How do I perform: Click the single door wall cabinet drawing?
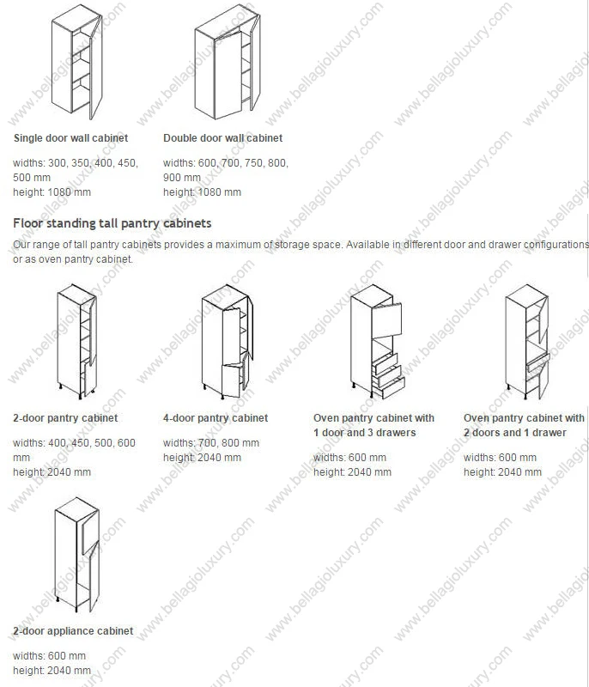point(76,64)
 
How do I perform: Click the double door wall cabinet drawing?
point(226,64)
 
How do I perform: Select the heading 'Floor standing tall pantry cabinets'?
point(112,223)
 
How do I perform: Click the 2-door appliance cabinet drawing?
point(76,554)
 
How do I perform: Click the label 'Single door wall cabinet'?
point(70,138)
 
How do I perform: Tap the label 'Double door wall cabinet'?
point(222,138)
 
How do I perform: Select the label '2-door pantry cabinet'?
point(65,418)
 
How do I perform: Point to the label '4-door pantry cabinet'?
point(216,418)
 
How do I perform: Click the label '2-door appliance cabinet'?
point(73,631)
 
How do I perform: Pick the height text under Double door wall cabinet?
point(202,192)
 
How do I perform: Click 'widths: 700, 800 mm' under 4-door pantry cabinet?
point(210,443)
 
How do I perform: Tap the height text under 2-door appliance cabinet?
point(52,671)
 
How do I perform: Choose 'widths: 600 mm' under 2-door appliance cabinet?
point(49,656)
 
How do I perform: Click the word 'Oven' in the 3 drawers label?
point(327,418)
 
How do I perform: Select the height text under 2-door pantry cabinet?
point(52,472)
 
